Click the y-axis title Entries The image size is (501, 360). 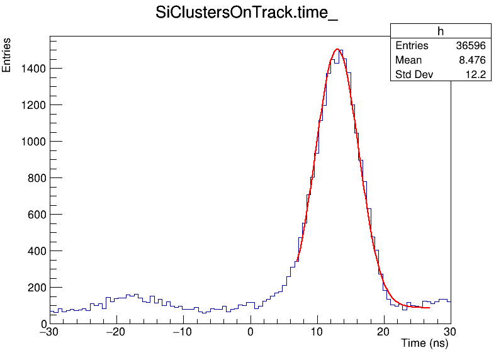click(x=7, y=55)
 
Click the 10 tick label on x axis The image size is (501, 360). click(x=317, y=332)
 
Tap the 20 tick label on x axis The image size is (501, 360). click(x=384, y=332)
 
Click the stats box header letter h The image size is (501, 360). click(x=441, y=31)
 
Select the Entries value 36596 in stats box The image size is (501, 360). click(x=471, y=46)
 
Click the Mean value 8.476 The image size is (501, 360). click(x=473, y=60)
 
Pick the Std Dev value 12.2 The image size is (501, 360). click(x=476, y=75)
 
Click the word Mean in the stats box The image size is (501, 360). click(x=408, y=60)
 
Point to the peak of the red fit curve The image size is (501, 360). click(x=337, y=49)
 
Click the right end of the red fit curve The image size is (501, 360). click(x=429, y=308)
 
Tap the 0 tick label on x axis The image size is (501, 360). click(x=250, y=332)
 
